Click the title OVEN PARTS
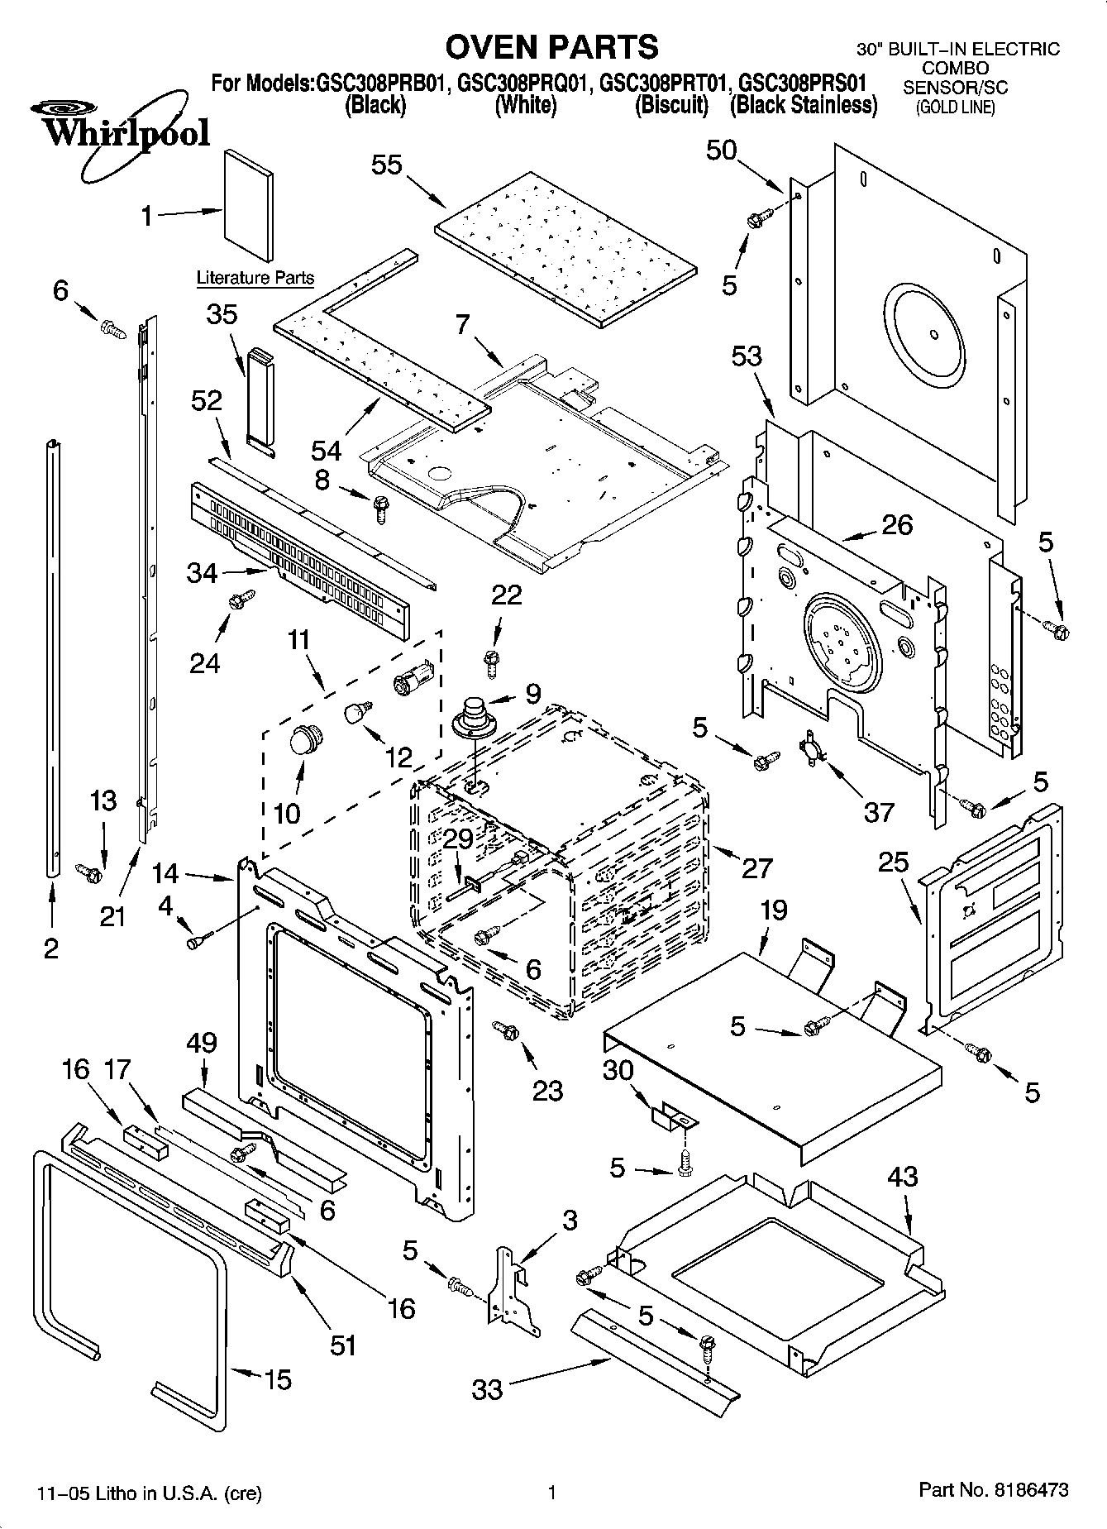551,46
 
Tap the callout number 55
386,165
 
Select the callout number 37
878,811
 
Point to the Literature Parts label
255,278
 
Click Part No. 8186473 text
994,1491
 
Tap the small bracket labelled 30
675,1119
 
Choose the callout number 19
773,910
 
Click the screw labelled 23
505,1030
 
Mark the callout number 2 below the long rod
51,948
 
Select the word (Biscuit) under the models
671,105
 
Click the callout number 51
342,1345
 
